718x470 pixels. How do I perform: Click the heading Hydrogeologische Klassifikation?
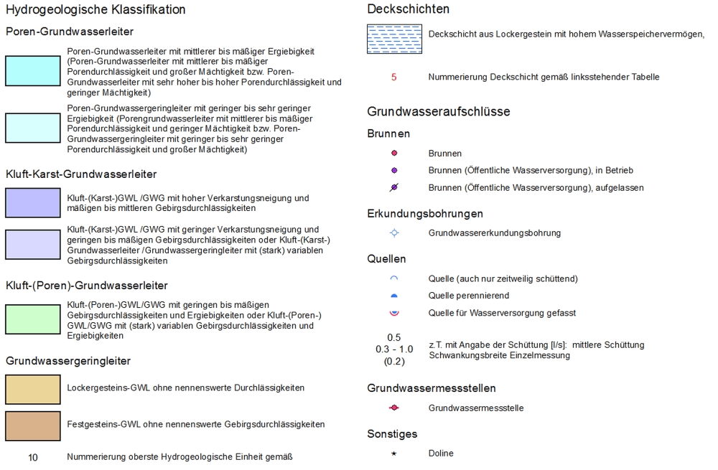95,10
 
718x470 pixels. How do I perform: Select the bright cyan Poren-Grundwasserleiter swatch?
32,71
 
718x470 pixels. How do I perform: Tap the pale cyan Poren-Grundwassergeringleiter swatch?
32,128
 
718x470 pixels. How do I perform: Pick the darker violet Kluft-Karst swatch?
32,202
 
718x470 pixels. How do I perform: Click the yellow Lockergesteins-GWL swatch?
32,389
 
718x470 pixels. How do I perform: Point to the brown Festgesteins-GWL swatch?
32,426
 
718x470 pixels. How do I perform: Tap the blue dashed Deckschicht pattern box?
394,39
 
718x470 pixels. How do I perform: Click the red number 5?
393,77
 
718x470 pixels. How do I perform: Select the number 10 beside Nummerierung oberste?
33,457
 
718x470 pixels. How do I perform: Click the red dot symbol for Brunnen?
393,154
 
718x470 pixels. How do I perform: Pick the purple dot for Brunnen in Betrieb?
393,171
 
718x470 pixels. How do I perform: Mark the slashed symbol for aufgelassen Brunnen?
393,188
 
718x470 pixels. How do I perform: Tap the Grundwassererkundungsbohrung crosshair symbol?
393,233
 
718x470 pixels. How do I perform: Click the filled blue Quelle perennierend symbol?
393,296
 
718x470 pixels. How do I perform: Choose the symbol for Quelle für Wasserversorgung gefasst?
393,313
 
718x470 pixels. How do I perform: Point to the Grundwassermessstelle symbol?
393,408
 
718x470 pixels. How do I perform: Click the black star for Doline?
393,453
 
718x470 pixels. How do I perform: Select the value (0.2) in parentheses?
394,362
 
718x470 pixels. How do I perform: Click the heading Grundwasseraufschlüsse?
439,112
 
